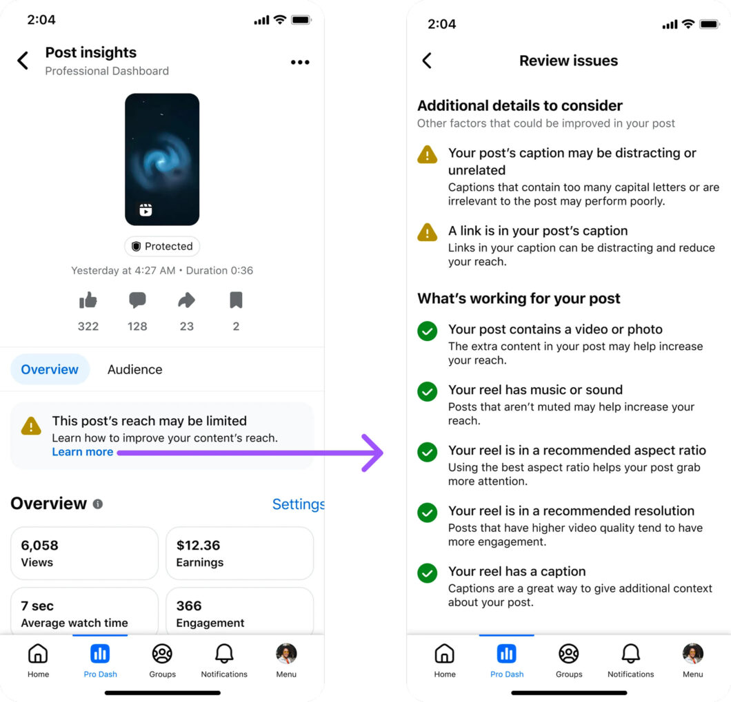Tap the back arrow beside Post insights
click(23, 61)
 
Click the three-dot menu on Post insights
click(300, 62)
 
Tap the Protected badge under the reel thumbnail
click(162, 246)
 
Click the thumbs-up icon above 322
click(88, 300)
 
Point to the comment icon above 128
click(137, 300)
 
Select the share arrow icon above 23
click(186, 300)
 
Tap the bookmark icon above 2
click(236, 300)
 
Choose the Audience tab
click(134, 369)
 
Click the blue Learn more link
click(83, 452)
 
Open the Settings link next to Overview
click(297, 504)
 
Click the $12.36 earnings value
click(198, 546)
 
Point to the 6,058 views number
click(39, 546)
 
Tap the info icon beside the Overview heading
click(98, 504)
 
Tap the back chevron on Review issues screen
click(427, 61)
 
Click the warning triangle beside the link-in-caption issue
click(428, 233)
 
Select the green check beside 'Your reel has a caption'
click(428, 572)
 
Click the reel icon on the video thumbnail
click(146, 210)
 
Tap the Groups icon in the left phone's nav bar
click(162, 654)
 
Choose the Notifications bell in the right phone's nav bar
click(630, 654)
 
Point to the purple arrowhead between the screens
click(374, 453)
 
